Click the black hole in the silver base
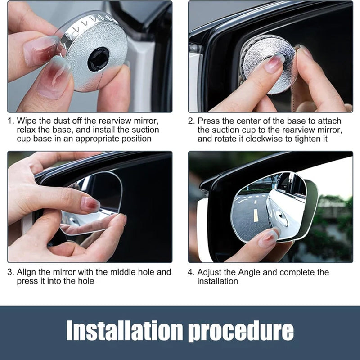[x=98, y=59]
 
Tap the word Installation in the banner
[x=124, y=330]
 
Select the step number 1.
[x=10, y=121]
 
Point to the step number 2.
[x=191, y=121]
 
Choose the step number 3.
[x=10, y=272]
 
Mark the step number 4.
[x=191, y=272]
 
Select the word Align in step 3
[x=27, y=272]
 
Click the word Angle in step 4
[x=249, y=273]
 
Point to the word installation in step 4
[x=217, y=281]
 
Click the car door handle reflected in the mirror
[x=282, y=216]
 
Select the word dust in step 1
[x=62, y=121]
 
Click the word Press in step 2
[x=209, y=121]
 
